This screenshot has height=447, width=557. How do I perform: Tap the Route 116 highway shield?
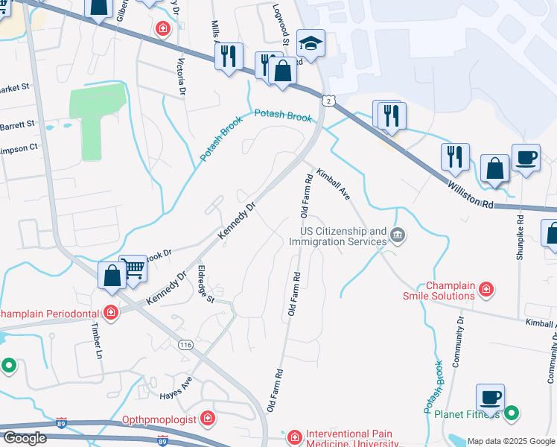pyautogui.click(x=185, y=344)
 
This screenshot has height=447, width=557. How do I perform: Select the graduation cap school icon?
pyautogui.click(x=311, y=42)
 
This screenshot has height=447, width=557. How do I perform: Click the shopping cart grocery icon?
pyautogui.click(x=133, y=269)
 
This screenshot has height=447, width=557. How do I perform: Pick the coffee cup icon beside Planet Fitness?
pyautogui.click(x=490, y=398)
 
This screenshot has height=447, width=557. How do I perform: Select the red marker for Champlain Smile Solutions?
pyautogui.click(x=486, y=288)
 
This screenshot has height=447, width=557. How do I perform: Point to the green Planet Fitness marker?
pyautogui.click(x=512, y=412)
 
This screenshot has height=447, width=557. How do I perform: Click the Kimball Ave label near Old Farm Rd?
pyautogui.click(x=333, y=183)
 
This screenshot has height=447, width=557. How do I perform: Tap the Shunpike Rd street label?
pyautogui.click(x=521, y=238)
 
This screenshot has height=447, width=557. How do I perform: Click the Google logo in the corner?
pyautogui.click(x=24, y=438)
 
